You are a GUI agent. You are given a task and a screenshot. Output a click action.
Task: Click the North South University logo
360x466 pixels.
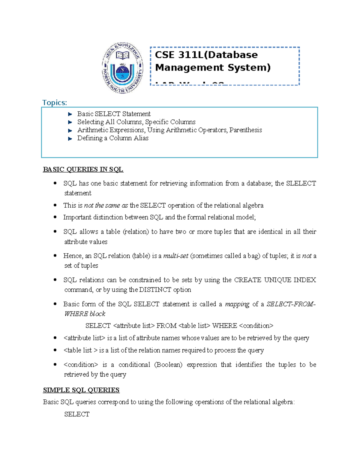tap(122, 68)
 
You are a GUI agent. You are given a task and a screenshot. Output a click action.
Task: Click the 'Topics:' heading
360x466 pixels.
tap(55, 103)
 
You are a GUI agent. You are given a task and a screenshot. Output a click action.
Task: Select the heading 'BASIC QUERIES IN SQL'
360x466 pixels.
tap(83, 170)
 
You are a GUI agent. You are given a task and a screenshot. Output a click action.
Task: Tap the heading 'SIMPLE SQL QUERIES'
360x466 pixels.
tap(81, 390)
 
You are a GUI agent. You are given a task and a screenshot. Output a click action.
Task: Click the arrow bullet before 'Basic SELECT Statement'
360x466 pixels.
tap(70, 114)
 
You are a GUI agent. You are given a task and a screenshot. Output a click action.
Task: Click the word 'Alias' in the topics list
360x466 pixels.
tap(141, 138)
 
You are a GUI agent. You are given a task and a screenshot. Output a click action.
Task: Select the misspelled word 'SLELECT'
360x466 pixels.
tap(301, 183)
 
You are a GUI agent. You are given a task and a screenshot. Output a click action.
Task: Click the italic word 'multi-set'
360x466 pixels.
tap(176, 256)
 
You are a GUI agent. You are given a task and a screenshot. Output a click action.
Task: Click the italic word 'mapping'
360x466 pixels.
tap(237, 304)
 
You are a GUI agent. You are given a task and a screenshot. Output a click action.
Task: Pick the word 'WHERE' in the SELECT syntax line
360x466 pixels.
tap(224, 326)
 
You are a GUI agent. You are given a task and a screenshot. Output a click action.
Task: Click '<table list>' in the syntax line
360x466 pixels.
tap(194, 326)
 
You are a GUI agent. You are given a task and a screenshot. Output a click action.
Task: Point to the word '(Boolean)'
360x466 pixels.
tap(168, 365)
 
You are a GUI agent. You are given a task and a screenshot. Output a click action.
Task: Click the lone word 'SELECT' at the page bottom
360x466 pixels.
tap(77, 414)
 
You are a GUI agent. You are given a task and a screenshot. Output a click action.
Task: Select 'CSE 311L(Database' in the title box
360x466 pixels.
tap(206, 55)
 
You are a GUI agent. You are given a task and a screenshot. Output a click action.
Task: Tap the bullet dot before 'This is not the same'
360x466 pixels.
tap(55, 205)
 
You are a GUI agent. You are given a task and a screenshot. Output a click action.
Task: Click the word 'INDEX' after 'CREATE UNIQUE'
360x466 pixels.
tap(304, 280)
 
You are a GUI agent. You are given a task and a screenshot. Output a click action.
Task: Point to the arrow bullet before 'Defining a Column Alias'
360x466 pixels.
tap(70, 139)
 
